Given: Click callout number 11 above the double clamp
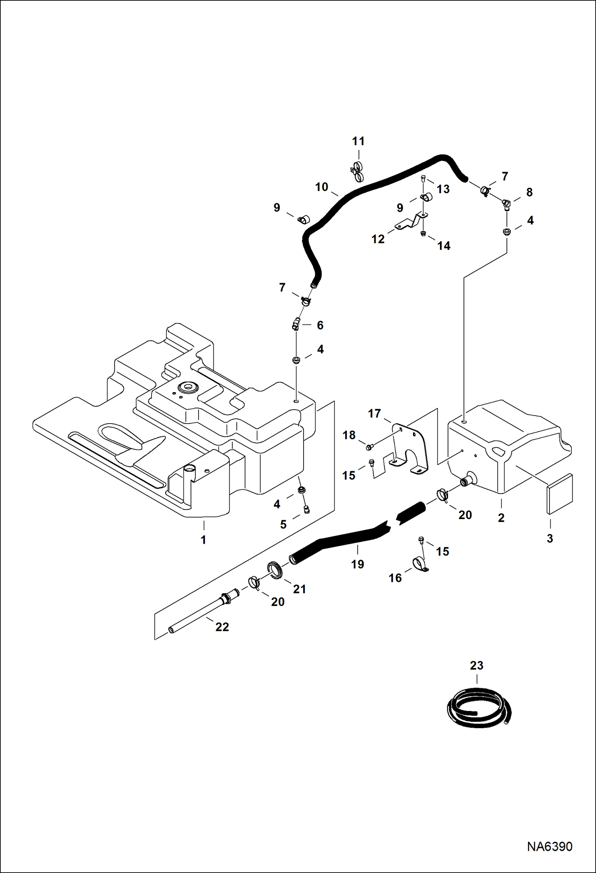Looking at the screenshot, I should click(x=358, y=141).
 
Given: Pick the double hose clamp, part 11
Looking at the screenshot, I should click(x=358, y=171).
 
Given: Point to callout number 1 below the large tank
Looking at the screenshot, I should click(x=203, y=540).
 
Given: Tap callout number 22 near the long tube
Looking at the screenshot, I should click(x=222, y=627).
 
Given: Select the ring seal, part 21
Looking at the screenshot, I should click(x=275, y=569).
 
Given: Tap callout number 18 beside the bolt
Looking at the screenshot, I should click(x=349, y=435).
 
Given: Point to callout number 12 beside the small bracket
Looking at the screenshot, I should click(x=378, y=239).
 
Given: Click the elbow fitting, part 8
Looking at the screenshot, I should click(x=505, y=204).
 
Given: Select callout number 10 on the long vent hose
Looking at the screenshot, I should click(x=321, y=187).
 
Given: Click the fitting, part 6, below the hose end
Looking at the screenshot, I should click(x=296, y=325).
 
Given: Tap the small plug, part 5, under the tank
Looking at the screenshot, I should click(x=307, y=510).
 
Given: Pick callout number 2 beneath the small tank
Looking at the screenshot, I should click(x=501, y=518).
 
